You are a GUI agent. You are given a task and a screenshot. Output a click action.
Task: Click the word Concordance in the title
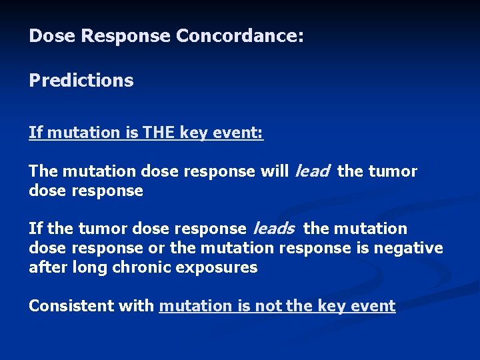point(240,36)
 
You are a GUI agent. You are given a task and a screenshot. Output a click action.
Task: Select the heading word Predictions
point(81,81)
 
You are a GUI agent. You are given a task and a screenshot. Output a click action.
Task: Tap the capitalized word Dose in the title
point(52,36)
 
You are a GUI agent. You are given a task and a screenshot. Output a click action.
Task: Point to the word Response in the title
point(126,36)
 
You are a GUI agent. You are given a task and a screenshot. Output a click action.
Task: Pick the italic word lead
point(311,171)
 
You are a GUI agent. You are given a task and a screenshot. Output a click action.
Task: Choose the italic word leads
point(273,229)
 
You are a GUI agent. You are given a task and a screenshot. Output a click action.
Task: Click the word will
point(274,171)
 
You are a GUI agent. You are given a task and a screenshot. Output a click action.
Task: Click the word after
point(47,267)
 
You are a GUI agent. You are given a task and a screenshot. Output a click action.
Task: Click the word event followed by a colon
point(241,133)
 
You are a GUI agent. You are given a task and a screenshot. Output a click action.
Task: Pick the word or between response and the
point(157,249)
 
